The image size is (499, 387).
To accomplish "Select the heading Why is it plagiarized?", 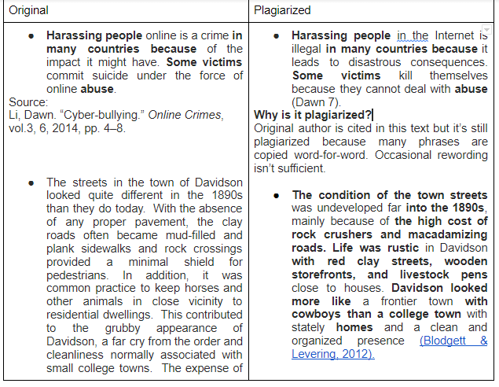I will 313,115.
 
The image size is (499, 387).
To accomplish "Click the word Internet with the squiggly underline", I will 455,36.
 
